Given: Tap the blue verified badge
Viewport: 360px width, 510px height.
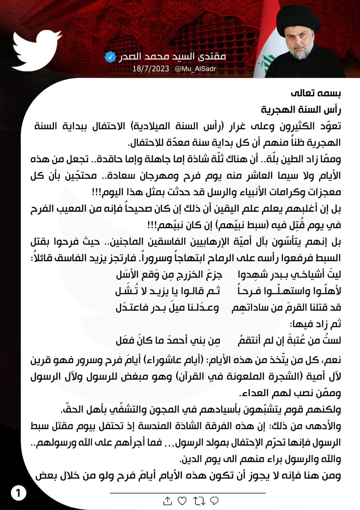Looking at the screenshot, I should [110, 57].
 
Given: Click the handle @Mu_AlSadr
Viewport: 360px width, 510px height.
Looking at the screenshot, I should [195, 69].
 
